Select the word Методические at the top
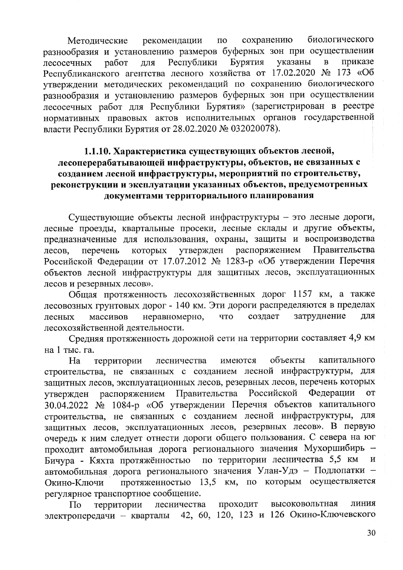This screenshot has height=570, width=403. tap(98, 41)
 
